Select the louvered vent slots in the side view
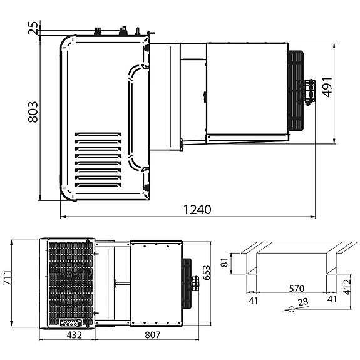coord(98,160)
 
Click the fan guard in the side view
coord(295,91)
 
